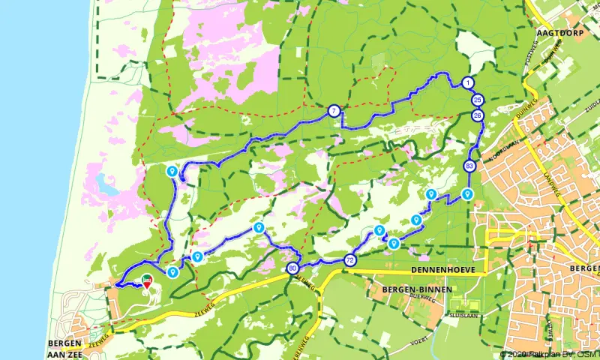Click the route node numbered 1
pyautogui.click(x=468, y=82)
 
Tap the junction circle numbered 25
pyautogui.click(x=478, y=100)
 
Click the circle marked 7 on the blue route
pyautogui.click(x=334, y=112)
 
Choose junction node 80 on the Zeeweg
pyautogui.click(x=292, y=268)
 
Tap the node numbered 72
pyautogui.click(x=350, y=260)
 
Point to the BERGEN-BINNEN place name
pyautogui.click(x=408, y=289)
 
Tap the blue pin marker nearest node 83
pyautogui.click(x=468, y=195)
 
